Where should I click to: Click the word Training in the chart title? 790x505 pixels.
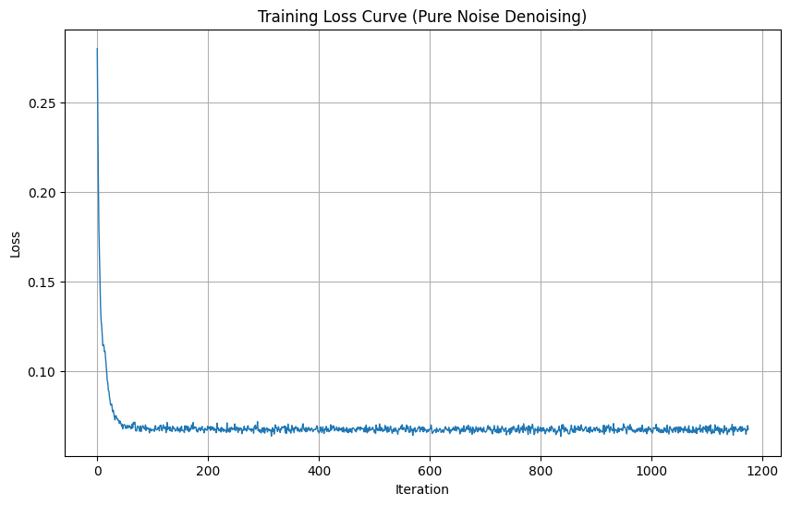287,17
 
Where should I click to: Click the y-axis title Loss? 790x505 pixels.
15,243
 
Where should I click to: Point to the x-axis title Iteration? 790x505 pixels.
422,489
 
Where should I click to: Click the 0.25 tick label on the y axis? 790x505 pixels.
42,102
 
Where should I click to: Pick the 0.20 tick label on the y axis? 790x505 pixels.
42,192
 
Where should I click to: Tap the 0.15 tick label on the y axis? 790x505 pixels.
42,282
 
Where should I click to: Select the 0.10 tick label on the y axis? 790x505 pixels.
42,371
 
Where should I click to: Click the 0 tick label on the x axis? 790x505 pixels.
97,469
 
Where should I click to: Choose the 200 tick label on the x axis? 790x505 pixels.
208,469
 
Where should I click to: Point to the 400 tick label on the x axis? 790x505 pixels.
319,469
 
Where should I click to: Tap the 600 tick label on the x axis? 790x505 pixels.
430,469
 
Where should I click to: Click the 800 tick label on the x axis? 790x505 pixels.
541,469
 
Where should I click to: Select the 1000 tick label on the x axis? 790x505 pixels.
651,469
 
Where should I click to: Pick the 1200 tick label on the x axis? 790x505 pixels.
762,469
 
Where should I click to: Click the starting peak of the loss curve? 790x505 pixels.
97,49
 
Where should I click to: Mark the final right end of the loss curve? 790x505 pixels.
747,428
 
